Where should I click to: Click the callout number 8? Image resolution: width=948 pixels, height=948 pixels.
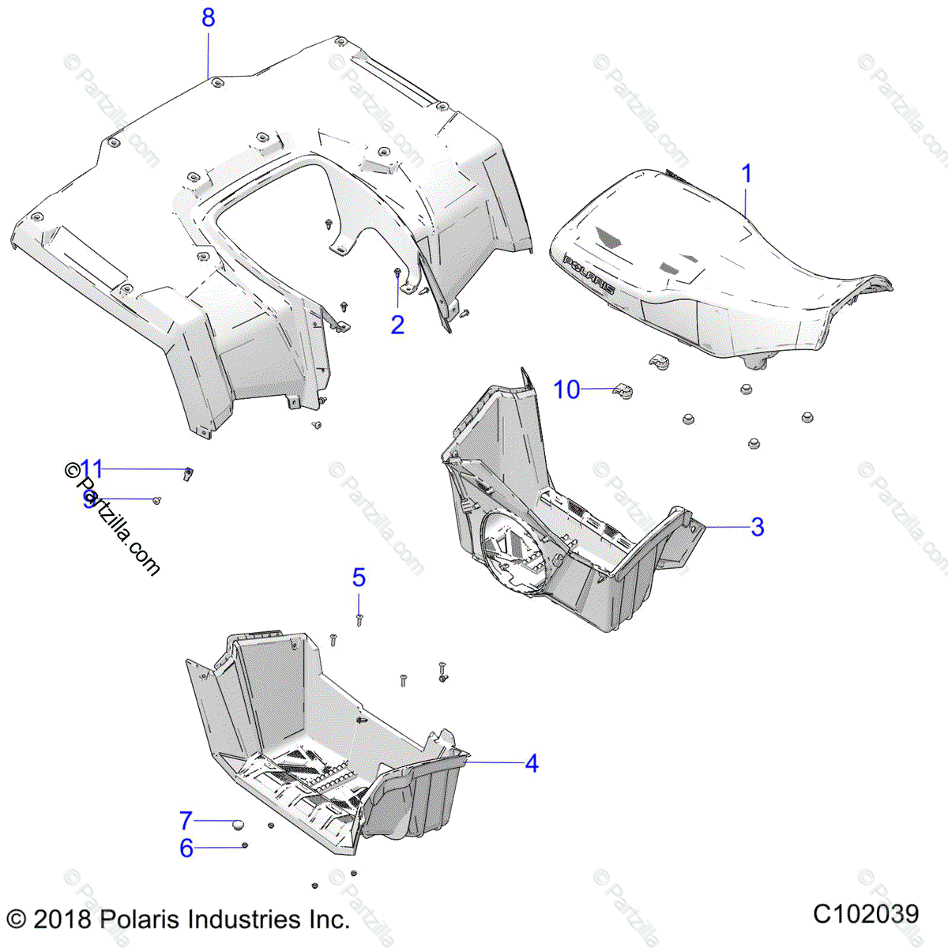208,17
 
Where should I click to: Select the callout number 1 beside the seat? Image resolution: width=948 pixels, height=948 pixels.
747,174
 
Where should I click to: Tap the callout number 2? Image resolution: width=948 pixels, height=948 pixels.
397,324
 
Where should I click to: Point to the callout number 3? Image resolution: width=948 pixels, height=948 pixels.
757,526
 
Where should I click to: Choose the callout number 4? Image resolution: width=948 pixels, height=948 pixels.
532,763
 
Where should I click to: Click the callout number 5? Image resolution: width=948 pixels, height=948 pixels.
359,577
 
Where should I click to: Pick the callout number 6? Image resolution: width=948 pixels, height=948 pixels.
186,848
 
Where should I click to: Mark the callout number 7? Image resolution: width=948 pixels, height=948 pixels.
186,820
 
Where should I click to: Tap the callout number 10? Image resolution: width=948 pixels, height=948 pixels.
566,389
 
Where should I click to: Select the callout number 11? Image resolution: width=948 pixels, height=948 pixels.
92,468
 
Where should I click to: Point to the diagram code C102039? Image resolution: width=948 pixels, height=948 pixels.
866,914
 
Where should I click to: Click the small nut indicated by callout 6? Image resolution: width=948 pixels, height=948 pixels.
245,846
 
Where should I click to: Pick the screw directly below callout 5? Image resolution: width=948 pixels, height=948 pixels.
359,619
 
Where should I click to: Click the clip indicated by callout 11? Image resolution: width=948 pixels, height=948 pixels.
190,473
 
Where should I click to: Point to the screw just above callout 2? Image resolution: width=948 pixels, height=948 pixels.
397,274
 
